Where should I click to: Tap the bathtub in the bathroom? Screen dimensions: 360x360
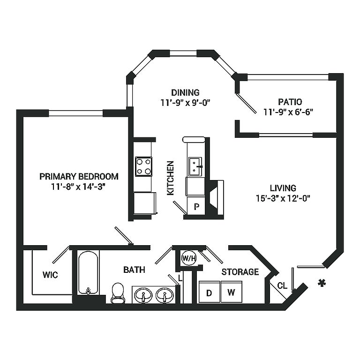[88, 273]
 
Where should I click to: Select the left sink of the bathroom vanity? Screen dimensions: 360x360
[143, 295]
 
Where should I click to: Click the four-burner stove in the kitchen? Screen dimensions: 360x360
[143, 166]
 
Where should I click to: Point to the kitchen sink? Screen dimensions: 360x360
[195, 166]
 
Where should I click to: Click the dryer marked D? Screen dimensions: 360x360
[210, 292]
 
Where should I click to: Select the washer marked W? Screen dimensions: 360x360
[232, 292]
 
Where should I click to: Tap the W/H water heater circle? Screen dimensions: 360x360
[189, 258]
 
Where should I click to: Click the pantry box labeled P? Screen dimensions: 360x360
[196, 206]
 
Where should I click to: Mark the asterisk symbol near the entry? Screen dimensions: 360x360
[322, 283]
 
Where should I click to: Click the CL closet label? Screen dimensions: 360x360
[282, 285]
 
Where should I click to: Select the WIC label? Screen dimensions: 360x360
[50, 275]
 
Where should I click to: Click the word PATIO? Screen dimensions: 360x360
[290, 102]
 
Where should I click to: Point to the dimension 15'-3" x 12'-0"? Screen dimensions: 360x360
[283, 198]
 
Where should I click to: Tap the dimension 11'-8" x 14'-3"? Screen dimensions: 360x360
[78, 187]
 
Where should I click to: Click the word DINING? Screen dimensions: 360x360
[185, 92]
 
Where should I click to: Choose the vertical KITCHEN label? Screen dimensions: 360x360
[170, 178]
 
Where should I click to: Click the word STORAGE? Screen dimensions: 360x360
[240, 272]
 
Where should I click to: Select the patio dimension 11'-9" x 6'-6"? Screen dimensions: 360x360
[288, 112]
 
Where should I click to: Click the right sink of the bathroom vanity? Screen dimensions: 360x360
[165, 295]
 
